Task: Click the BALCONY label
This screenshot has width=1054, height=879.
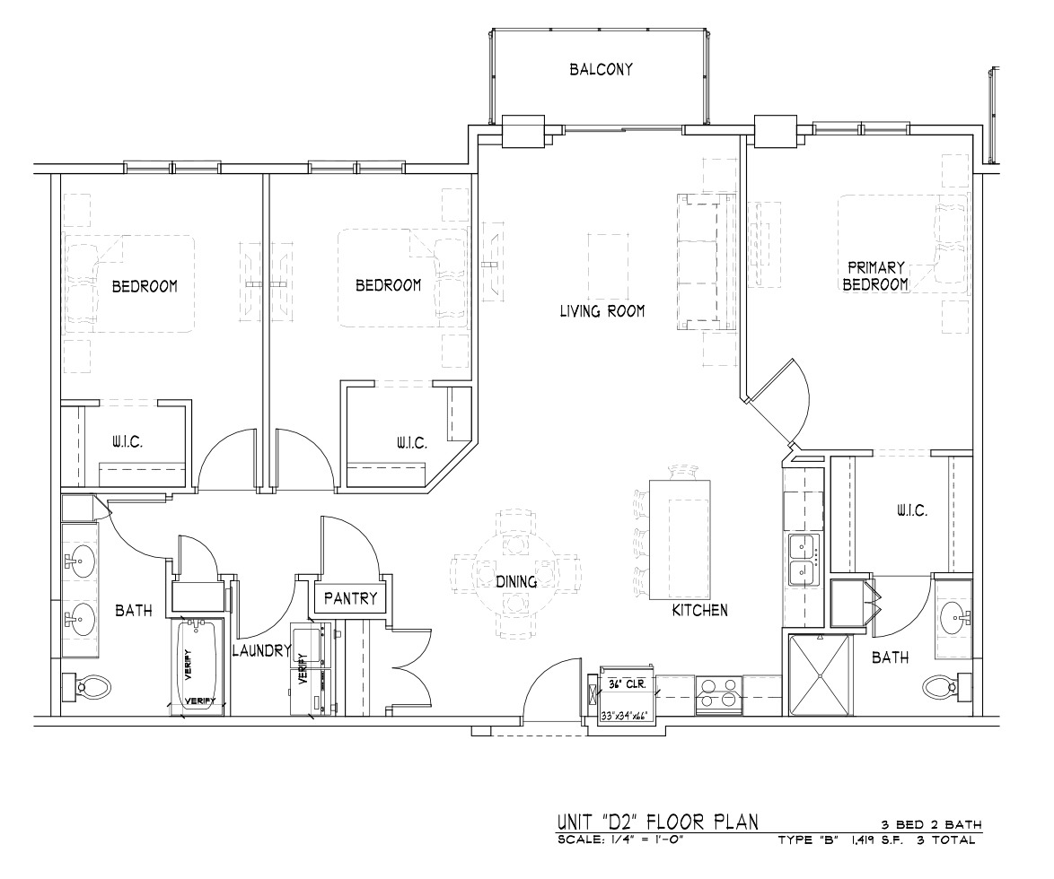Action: (601, 69)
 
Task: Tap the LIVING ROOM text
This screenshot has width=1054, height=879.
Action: (602, 311)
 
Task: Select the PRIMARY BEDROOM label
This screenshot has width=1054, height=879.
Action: (875, 276)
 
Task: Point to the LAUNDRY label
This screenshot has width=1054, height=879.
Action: (261, 650)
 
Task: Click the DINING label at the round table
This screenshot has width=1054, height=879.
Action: (516, 581)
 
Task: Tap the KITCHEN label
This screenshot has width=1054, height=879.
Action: (700, 610)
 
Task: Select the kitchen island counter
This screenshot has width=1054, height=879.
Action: (680, 538)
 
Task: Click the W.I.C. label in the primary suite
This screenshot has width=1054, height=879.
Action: (911, 510)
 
